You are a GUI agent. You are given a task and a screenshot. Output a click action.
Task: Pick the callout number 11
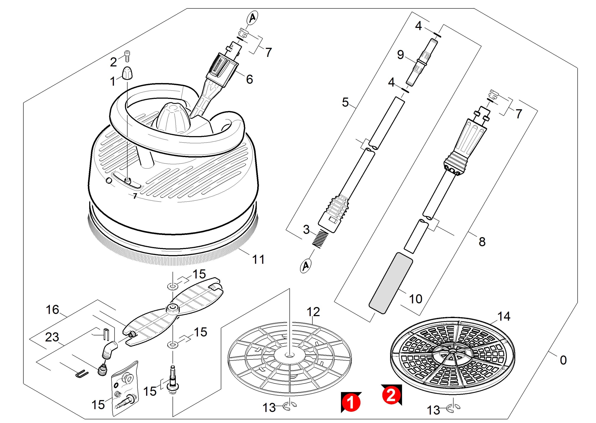(258, 260)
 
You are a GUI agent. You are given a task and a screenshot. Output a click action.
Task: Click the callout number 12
(313, 312)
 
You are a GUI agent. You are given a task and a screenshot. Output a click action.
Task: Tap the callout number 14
(504, 316)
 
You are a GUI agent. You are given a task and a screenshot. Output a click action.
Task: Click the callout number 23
(52, 337)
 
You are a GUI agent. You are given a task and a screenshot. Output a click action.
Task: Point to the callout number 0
(563, 361)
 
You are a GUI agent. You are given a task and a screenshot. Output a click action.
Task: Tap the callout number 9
(400, 55)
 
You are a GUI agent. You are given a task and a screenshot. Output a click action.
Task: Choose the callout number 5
(345, 102)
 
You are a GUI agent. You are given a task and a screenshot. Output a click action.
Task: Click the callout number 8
(482, 242)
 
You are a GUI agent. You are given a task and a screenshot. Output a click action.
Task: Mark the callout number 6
(249, 79)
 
